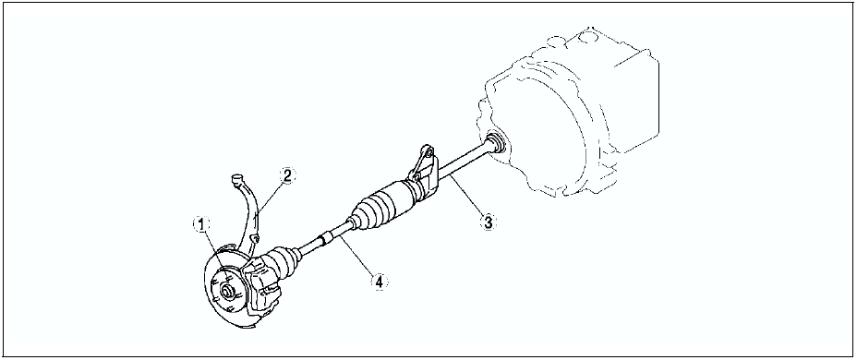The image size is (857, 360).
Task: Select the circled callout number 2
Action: (x=287, y=175)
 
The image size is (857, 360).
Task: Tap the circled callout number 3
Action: (x=488, y=222)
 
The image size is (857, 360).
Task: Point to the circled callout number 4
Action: (x=379, y=281)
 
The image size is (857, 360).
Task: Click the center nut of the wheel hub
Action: (x=225, y=290)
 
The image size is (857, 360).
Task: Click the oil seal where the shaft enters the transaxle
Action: (x=496, y=142)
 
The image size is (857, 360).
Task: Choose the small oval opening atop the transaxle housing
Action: (x=556, y=41)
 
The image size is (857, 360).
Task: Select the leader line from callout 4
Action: (x=358, y=258)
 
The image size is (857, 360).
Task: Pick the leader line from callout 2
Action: (x=270, y=198)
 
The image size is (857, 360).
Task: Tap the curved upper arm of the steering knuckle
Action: (x=250, y=213)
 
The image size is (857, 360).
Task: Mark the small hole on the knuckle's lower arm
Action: (x=254, y=238)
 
